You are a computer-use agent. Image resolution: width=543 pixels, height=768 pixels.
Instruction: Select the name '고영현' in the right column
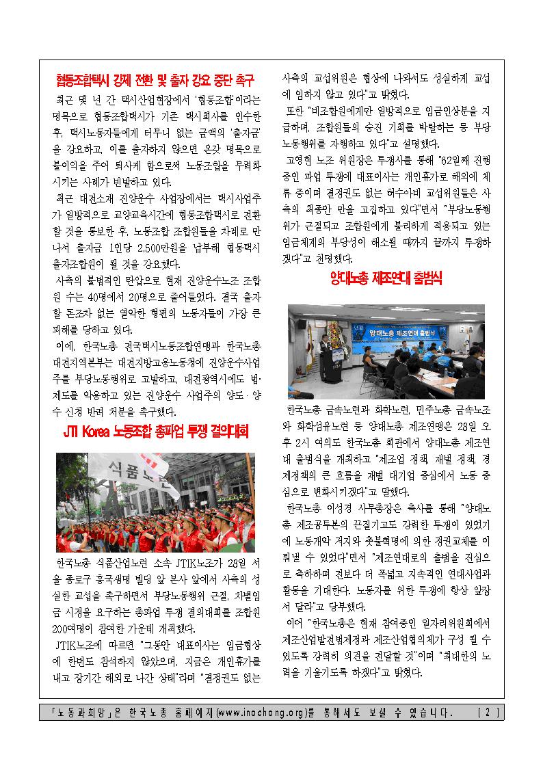pos(302,160)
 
